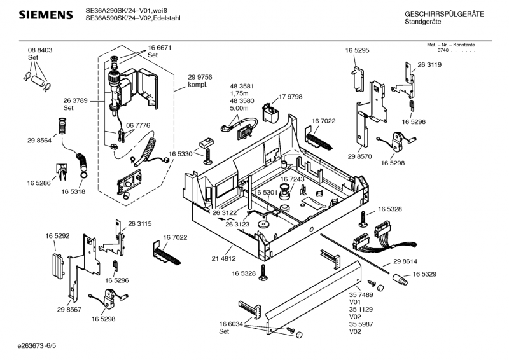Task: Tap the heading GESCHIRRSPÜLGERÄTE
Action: click(444, 14)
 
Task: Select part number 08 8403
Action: click(39, 50)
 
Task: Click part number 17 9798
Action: click(290, 97)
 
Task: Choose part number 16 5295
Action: click(357, 50)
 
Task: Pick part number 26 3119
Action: click(429, 65)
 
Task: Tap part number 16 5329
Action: click(424, 274)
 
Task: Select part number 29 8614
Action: click(405, 261)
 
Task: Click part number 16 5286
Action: click(39, 183)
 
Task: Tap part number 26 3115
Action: click(140, 223)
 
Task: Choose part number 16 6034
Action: click(232, 324)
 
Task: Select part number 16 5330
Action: click(180, 154)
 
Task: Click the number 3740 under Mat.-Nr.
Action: click(443, 50)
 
